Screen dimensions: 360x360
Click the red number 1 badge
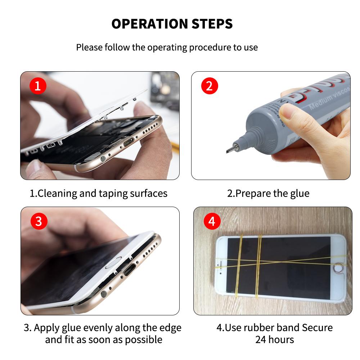[x=38, y=86]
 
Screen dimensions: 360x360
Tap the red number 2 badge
[x=210, y=86]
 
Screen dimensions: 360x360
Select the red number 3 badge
[x=38, y=221]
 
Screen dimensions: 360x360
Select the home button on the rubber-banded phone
[x=337, y=268]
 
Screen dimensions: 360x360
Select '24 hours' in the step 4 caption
[x=274, y=339]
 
